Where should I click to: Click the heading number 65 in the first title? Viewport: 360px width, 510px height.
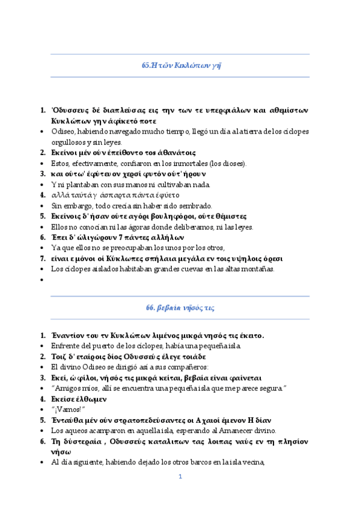tap(145, 66)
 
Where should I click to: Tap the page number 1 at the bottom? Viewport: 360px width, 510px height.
tap(180, 477)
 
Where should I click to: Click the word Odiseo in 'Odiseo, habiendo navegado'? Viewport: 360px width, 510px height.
tap(62, 132)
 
